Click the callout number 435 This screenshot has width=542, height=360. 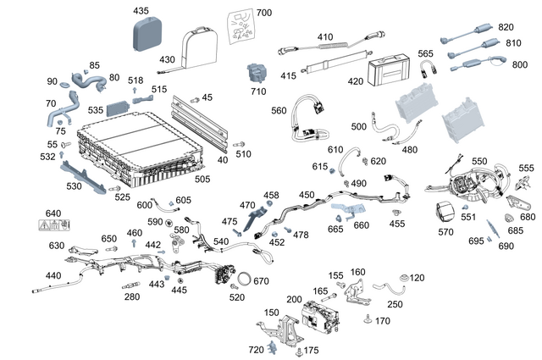141,11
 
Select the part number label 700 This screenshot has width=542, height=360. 264,13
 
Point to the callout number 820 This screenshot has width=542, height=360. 506,27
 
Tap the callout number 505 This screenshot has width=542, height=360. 226,179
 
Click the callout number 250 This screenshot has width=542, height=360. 395,304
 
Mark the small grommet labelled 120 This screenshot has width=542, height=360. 403,277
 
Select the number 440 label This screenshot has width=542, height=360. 53,276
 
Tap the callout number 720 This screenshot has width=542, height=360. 256,350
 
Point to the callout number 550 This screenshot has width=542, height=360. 479,161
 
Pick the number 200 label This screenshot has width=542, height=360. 294,301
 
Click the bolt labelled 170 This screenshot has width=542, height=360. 368,319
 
